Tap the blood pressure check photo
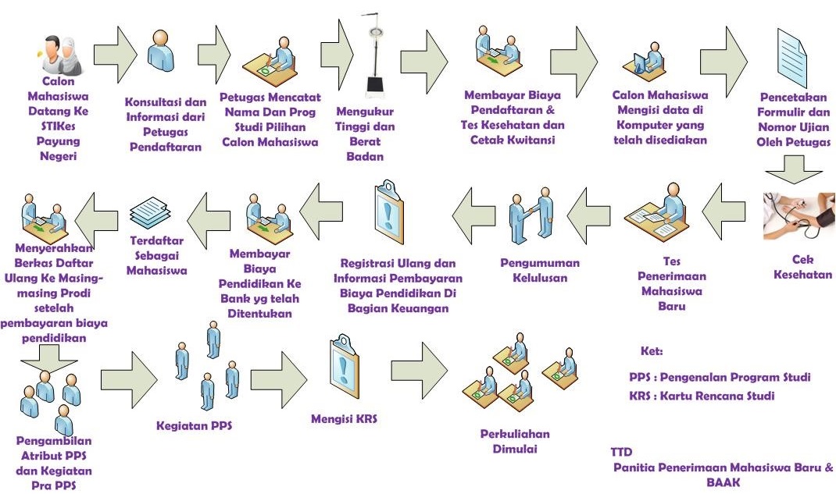(798, 216)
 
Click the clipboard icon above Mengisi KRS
(345, 361)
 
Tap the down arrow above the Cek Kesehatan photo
(793, 168)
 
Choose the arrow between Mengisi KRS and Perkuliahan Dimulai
(420, 366)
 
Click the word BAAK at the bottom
(723, 483)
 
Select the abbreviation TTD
(621, 453)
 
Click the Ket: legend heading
(651, 352)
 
